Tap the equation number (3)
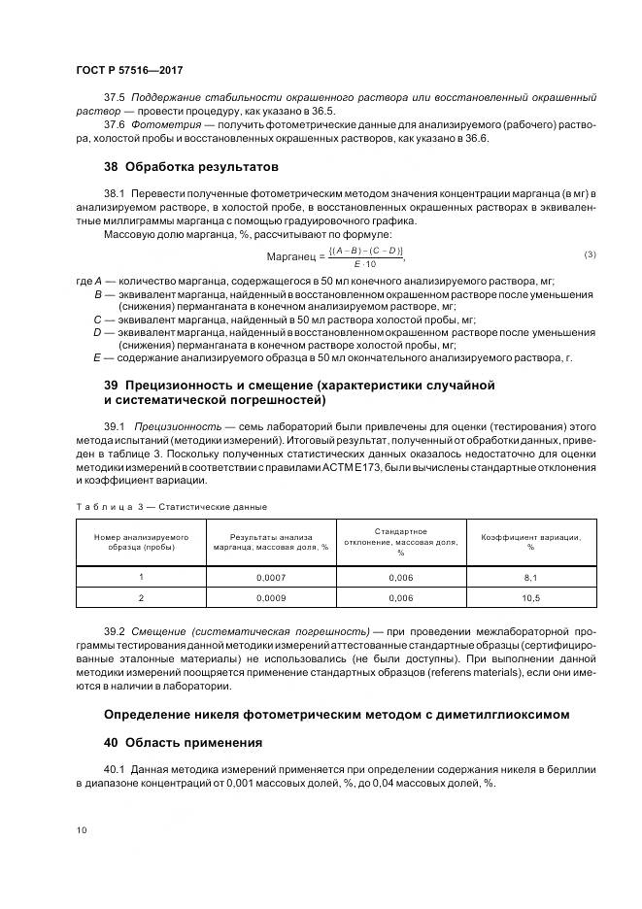589,254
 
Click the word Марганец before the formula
292,255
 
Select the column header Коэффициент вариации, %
530,541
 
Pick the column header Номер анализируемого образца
141,541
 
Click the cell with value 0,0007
270,577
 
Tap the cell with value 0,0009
270,598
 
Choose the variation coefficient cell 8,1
530,577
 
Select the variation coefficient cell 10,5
530,598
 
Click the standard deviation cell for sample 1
400,577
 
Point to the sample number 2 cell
141,598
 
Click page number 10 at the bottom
81,829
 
